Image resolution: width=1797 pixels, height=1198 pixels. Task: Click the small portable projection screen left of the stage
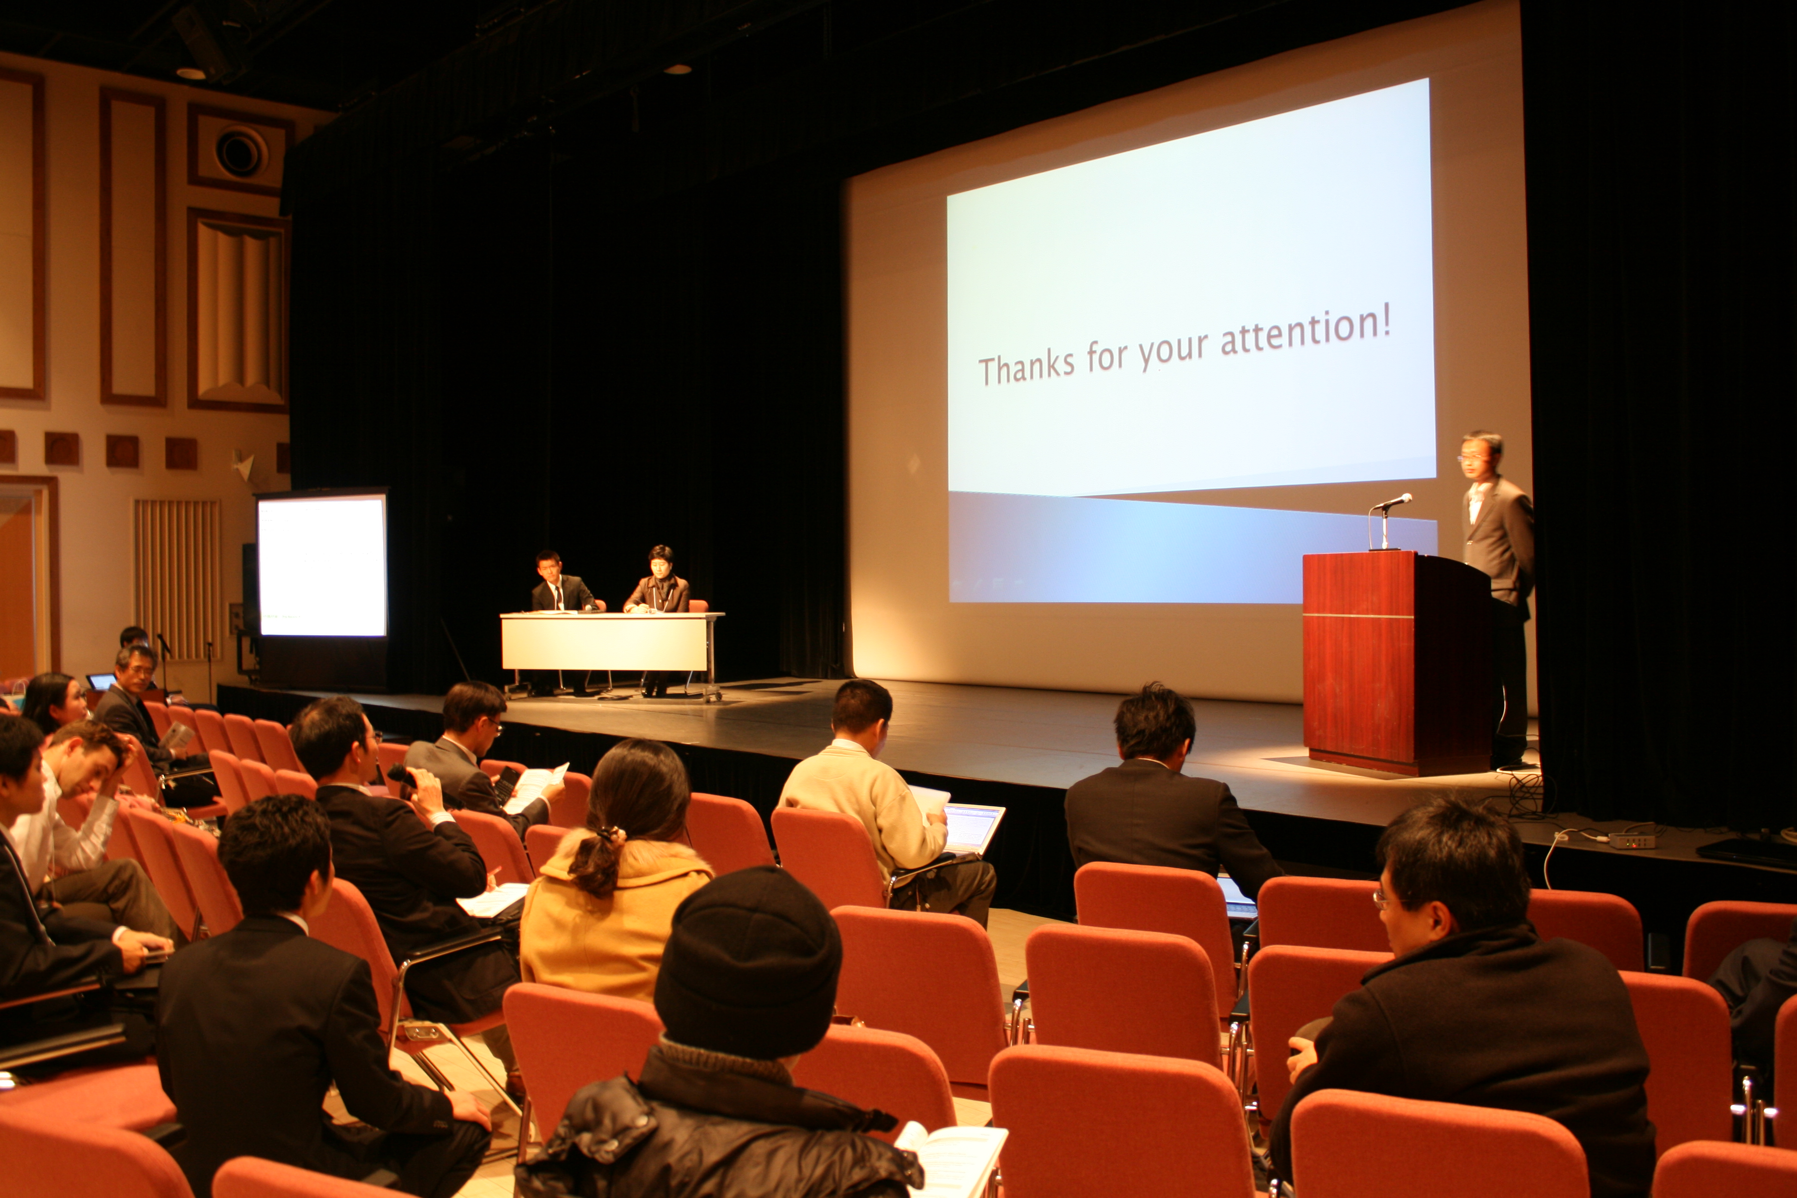[x=322, y=565]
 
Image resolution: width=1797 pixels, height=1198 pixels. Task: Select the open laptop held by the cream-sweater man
[x=972, y=827]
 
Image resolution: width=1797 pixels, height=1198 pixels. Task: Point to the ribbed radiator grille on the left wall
[x=177, y=579]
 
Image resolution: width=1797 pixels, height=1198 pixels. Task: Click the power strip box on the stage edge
[x=1631, y=840]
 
